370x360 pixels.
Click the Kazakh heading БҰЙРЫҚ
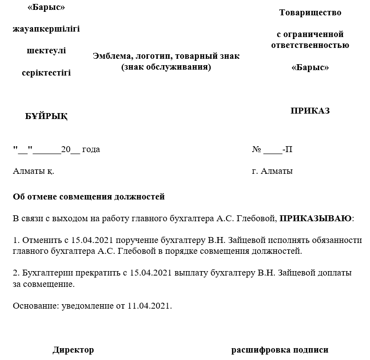pos(46,117)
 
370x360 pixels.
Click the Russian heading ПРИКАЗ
pos(310,111)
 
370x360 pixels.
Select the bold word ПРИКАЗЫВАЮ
pos(316,218)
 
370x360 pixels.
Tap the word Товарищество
pos(310,13)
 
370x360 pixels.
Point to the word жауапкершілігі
pos(46,29)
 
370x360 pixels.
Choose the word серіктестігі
pos(46,73)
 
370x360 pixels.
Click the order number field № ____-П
pos(272,149)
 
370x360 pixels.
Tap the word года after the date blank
pos(91,149)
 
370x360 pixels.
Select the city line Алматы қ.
pos(34,171)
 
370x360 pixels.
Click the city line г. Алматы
pos(272,171)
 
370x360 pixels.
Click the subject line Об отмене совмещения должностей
pos(89,197)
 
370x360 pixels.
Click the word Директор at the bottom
pos(73,350)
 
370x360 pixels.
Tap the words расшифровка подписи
pos(280,350)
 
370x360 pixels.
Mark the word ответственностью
pos(310,45)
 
